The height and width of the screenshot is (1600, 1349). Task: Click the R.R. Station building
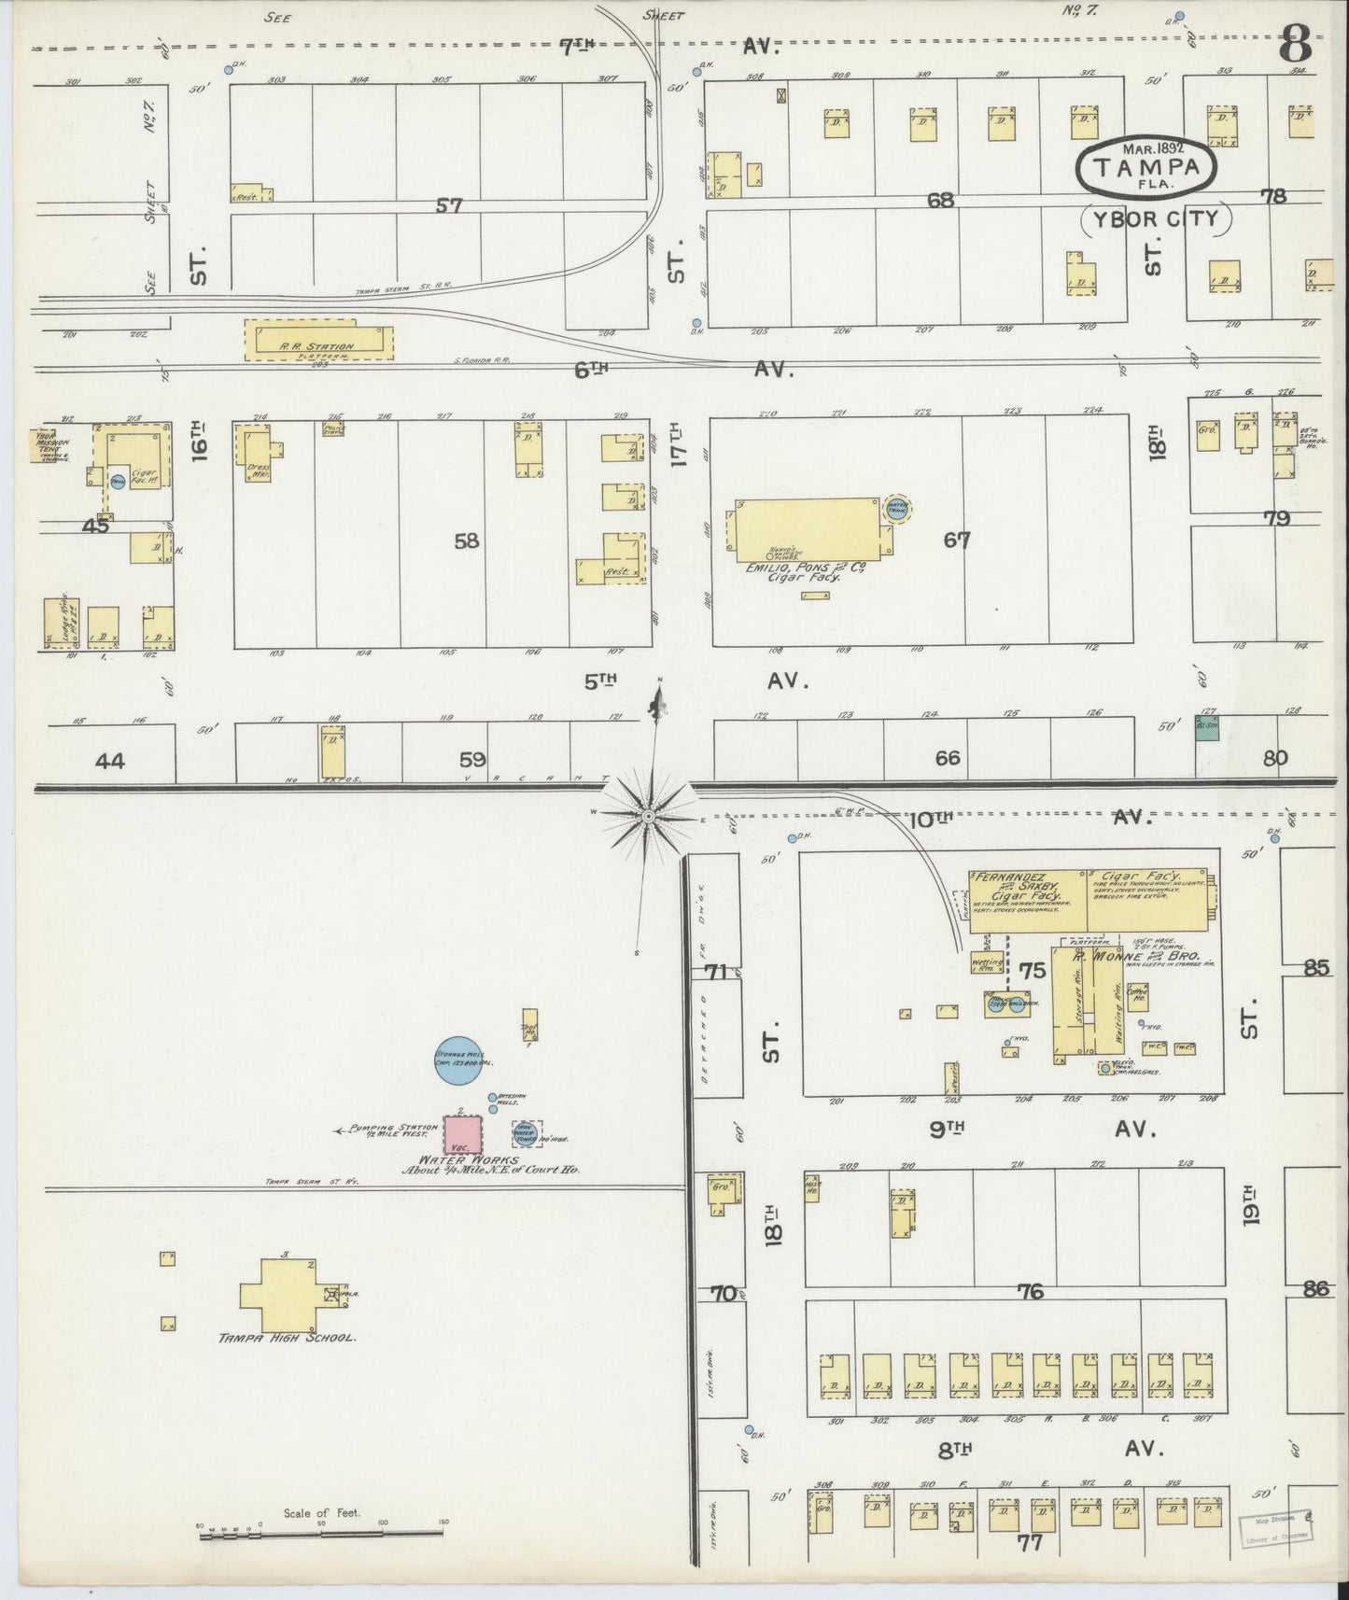click(x=317, y=341)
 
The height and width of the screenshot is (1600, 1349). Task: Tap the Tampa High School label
click(x=287, y=1338)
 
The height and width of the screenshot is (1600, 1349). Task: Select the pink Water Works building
click(x=462, y=1133)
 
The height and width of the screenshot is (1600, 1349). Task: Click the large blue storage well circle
click(x=463, y=1060)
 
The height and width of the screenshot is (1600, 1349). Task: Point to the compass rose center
click(x=647, y=815)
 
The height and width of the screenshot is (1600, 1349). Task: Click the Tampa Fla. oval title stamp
click(x=1147, y=166)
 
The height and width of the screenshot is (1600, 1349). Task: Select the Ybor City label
click(x=1156, y=219)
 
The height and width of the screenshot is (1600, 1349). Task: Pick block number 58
click(x=467, y=540)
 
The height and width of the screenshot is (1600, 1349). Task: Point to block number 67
click(x=957, y=540)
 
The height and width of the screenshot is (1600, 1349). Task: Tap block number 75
click(x=1032, y=971)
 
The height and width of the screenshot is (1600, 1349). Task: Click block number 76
click(x=1030, y=1292)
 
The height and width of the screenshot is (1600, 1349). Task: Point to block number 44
click(x=109, y=762)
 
